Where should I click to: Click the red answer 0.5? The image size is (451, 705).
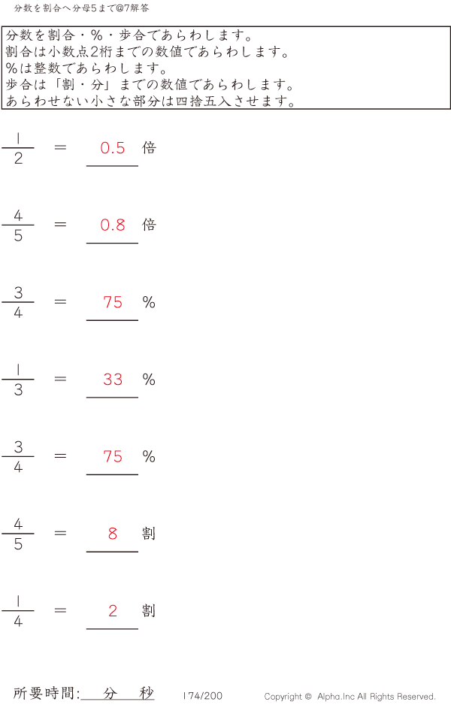(x=113, y=148)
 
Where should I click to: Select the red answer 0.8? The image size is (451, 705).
(x=113, y=225)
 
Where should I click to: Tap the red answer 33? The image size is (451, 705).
(x=113, y=380)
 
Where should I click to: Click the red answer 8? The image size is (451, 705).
(x=113, y=534)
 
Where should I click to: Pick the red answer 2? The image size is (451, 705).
(x=113, y=611)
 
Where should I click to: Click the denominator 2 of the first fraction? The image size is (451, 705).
(x=18, y=159)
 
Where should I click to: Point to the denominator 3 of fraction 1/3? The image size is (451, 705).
(x=18, y=390)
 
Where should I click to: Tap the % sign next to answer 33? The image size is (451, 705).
(x=149, y=380)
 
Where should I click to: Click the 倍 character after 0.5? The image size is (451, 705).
(x=149, y=148)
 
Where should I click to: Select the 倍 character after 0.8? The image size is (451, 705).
(x=149, y=225)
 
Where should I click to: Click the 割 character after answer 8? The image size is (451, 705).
(x=149, y=534)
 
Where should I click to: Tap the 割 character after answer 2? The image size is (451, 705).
(x=149, y=611)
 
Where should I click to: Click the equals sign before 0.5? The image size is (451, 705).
(x=61, y=147)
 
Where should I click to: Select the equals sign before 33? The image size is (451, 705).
(x=61, y=379)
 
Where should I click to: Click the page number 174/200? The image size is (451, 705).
(x=203, y=696)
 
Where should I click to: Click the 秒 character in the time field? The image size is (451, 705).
(x=146, y=694)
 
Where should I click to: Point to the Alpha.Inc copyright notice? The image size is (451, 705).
(x=350, y=697)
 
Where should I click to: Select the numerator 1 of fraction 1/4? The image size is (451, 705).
(x=18, y=601)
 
